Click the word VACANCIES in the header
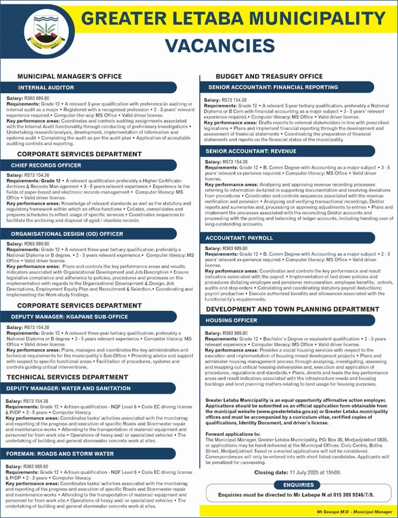219,46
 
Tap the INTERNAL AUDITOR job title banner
47,86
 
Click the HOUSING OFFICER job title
231,320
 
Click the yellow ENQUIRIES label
298,483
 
